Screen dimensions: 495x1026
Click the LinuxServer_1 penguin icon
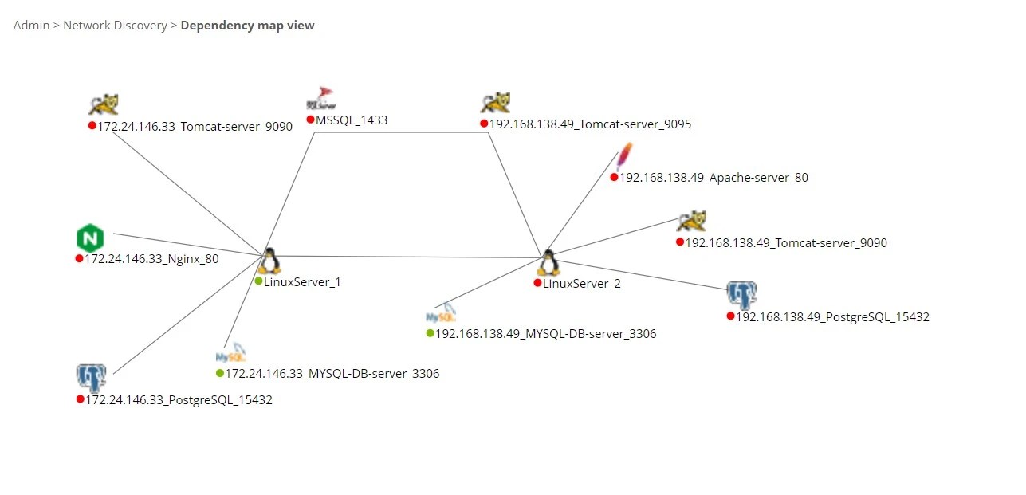click(x=269, y=261)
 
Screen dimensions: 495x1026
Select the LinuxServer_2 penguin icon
click(x=548, y=263)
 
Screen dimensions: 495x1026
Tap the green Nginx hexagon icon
click(x=91, y=238)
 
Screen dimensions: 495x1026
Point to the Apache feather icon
click(x=625, y=156)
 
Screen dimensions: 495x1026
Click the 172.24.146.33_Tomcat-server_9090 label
click(x=195, y=127)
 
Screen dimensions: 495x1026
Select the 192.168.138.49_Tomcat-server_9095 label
click(x=590, y=124)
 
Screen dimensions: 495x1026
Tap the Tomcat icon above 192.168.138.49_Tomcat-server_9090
click(x=691, y=222)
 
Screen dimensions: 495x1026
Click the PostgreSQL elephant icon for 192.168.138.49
click(x=741, y=295)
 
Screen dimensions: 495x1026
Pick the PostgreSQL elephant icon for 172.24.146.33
click(x=91, y=377)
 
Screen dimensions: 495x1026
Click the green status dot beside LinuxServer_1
click(x=258, y=281)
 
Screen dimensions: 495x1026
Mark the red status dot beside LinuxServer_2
click(x=538, y=283)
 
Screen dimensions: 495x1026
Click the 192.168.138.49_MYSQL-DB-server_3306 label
click(x=546, y=334)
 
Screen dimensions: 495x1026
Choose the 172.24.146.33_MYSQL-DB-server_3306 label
click(x=332, y=374)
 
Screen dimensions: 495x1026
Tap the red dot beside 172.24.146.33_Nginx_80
click(x=80, y=258)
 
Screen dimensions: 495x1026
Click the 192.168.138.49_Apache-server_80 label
click(x=713, y=178)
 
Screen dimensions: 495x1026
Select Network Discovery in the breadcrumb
click(x=115, y=26)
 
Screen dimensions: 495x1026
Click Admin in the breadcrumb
click(x=31, y=26)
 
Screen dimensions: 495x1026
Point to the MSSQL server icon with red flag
click(x=321, y=99)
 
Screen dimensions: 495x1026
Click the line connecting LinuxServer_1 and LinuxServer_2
click(x=407, y=257)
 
